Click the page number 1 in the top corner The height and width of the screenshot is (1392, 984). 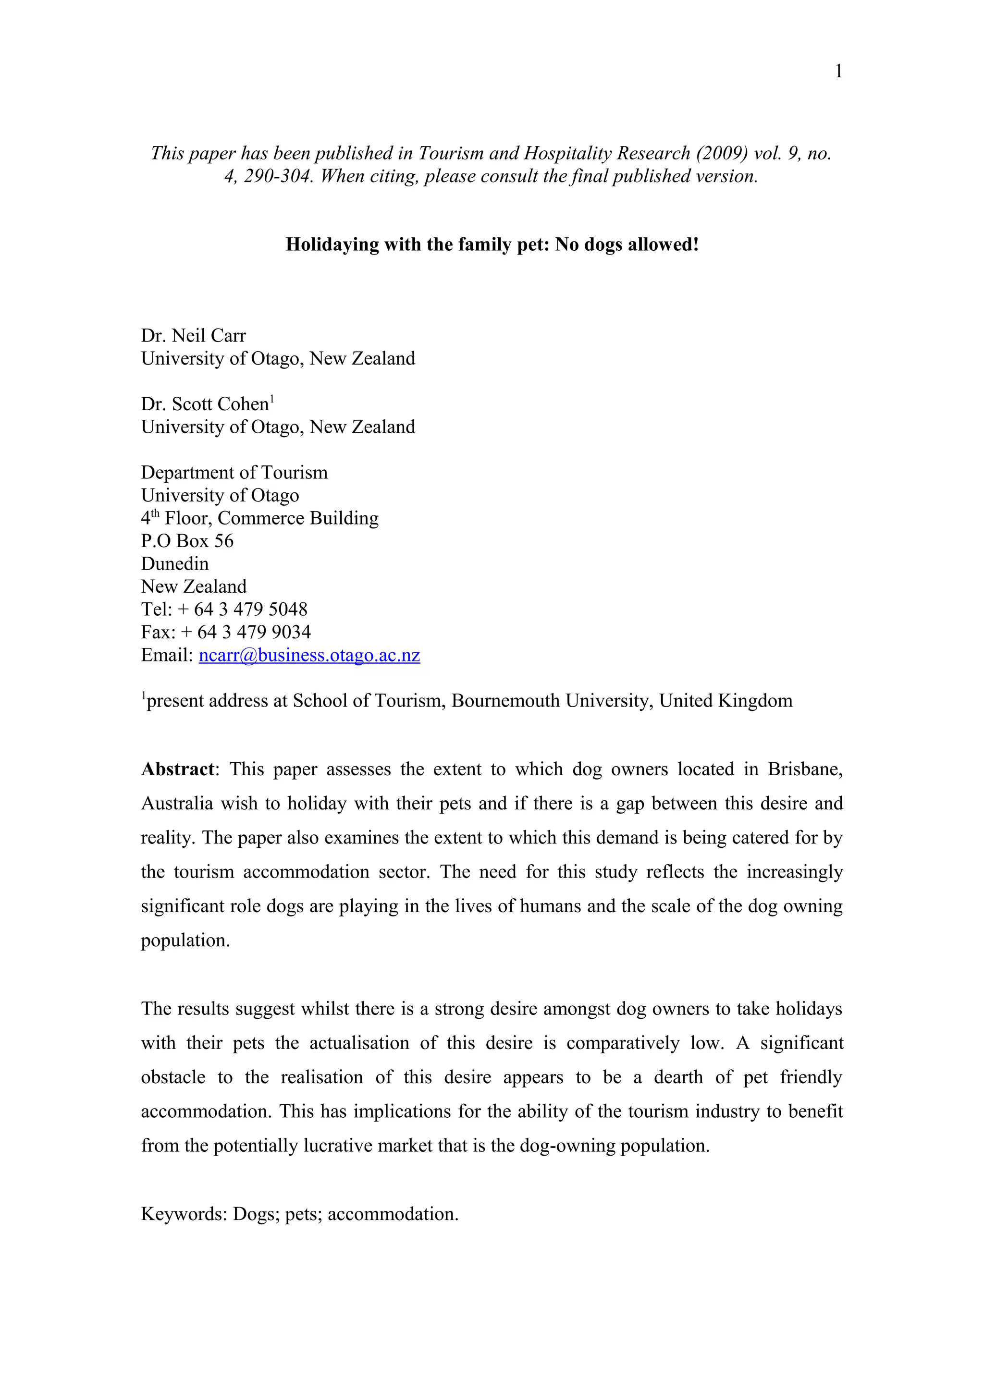coord(838,72)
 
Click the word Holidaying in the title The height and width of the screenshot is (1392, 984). coord(332,244)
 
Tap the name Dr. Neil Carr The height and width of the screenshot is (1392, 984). coord(194,336)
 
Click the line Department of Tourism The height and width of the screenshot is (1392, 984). coord(234,472)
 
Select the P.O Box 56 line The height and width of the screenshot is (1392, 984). coord(187,541)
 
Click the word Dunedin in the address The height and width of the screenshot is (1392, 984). coord(174,564)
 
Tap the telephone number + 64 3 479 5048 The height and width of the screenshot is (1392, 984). coord(250,610)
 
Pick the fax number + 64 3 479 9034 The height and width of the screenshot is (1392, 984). coord(253,632)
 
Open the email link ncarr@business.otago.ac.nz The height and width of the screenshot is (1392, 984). coord(309,655)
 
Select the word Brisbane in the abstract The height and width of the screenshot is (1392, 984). coord(804,769)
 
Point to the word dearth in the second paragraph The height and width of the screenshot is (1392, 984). coord(678,1077)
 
